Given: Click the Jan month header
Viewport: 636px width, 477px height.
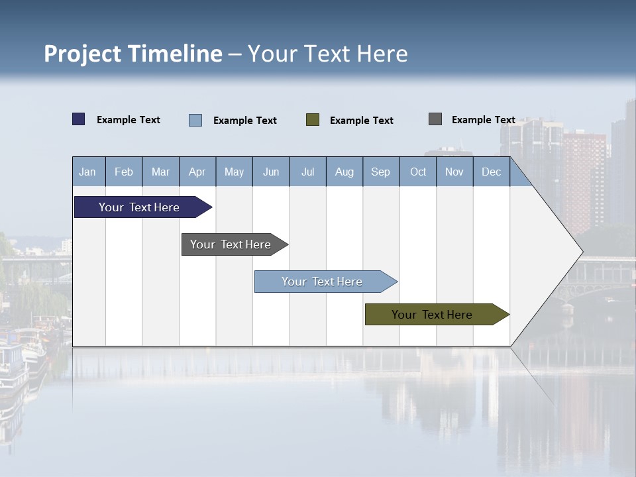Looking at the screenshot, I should coord(88,172).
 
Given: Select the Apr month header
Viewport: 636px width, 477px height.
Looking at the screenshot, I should coord(197,172).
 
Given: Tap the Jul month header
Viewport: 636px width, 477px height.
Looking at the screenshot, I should coord(307,172).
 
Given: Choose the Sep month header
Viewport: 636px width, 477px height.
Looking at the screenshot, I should coord(380,172).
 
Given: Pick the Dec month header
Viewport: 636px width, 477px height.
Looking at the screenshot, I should coord(491,172).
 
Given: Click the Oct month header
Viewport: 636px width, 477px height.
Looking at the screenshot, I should coord(417,172).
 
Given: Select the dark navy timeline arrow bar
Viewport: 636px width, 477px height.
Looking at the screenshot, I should coord(140,207).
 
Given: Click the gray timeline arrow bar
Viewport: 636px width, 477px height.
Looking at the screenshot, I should coord(231,244).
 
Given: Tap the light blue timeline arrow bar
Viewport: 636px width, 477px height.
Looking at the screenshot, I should coord(323,282).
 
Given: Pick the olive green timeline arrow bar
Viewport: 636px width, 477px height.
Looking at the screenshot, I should coord(433,315).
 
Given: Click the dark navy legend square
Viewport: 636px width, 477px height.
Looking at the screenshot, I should coord(79,119).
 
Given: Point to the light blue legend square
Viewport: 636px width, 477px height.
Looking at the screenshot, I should coord(195,120).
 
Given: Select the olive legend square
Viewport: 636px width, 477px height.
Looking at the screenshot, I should coord(313,120).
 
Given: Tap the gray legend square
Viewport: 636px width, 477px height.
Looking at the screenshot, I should coord(435,119).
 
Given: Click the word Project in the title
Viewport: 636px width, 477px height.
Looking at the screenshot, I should coord(83,54).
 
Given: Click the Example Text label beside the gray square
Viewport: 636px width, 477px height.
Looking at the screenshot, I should coord(483,120).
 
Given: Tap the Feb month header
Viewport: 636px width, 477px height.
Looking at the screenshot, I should coord(124,172).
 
